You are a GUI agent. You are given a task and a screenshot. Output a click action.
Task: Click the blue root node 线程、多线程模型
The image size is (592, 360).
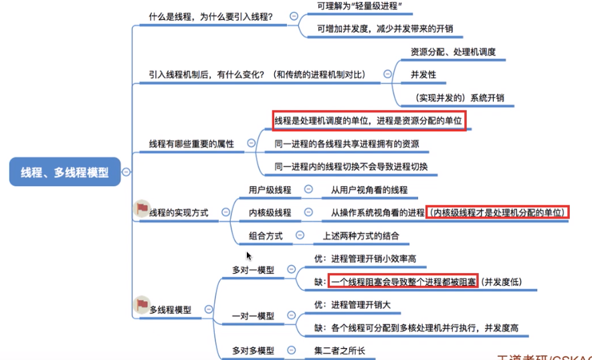point(64,172)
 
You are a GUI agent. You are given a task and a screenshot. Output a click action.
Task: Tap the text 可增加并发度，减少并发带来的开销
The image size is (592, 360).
point(390,29)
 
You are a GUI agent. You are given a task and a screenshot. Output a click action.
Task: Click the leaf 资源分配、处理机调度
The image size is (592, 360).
point(453,52)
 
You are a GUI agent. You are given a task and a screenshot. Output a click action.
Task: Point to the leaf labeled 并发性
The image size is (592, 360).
point(423,74)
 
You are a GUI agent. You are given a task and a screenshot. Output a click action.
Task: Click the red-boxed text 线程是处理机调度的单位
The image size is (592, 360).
point(369,120)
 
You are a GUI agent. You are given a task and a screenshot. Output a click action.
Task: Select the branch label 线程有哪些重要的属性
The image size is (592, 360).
point(191,144)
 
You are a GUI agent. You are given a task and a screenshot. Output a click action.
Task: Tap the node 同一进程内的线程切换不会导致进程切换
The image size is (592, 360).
point(351,167)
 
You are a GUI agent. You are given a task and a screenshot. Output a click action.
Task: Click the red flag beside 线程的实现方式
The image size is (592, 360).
point(142,209)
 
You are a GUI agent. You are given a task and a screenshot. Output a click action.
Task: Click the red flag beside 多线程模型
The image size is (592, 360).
point(142,306)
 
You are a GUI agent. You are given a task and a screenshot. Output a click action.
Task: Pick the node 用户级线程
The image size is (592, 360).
point(270,190)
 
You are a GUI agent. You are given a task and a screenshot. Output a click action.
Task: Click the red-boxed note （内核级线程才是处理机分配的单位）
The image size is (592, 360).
point(498,213)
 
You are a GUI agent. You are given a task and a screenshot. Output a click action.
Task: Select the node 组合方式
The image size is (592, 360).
point(265,236)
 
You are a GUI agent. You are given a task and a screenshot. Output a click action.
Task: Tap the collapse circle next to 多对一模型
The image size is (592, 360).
point(291,270)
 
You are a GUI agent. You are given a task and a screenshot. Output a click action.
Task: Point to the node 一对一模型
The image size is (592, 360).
point(253,315)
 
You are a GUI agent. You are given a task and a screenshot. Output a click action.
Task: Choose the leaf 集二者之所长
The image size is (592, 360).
point(340,350)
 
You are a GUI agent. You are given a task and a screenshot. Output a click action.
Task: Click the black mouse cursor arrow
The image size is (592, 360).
point(249,256)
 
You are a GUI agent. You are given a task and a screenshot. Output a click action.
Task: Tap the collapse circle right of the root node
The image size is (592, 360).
point(126,172)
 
